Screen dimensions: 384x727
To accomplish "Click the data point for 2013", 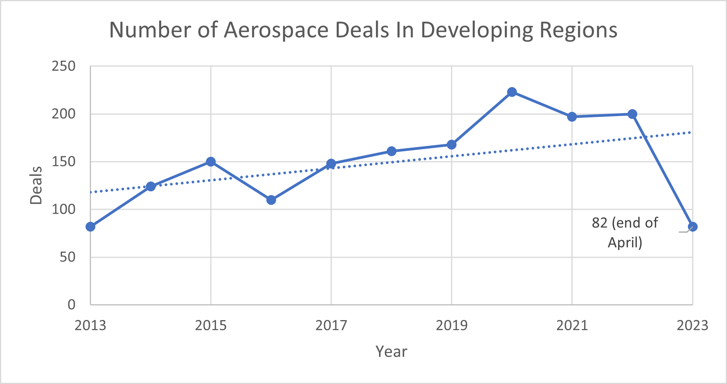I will (90, 226).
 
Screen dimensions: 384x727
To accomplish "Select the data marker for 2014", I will (151, 186).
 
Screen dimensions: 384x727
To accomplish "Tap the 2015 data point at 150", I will (211, 161).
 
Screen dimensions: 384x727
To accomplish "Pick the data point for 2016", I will (271, 200).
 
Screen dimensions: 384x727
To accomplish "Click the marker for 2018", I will (391, 151).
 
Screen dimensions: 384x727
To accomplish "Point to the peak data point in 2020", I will (512, 92).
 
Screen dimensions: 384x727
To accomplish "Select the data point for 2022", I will (632, 114).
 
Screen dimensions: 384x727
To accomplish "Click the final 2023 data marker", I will (693, 226).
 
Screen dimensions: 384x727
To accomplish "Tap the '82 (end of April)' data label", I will (625, 232).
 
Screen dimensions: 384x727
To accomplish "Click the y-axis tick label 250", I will (63, 66).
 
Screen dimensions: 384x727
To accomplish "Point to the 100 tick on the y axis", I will (63, 209).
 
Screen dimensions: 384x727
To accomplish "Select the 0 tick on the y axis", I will (71, 305).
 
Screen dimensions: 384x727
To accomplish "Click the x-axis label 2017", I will (331, 325).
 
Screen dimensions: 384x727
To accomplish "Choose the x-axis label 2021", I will (572, 325).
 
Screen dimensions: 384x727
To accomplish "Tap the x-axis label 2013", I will (90, 325).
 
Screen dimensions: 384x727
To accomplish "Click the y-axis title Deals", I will (36, 185).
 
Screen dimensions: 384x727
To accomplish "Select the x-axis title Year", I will (391, 351).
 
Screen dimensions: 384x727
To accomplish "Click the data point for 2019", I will (451, 144).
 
